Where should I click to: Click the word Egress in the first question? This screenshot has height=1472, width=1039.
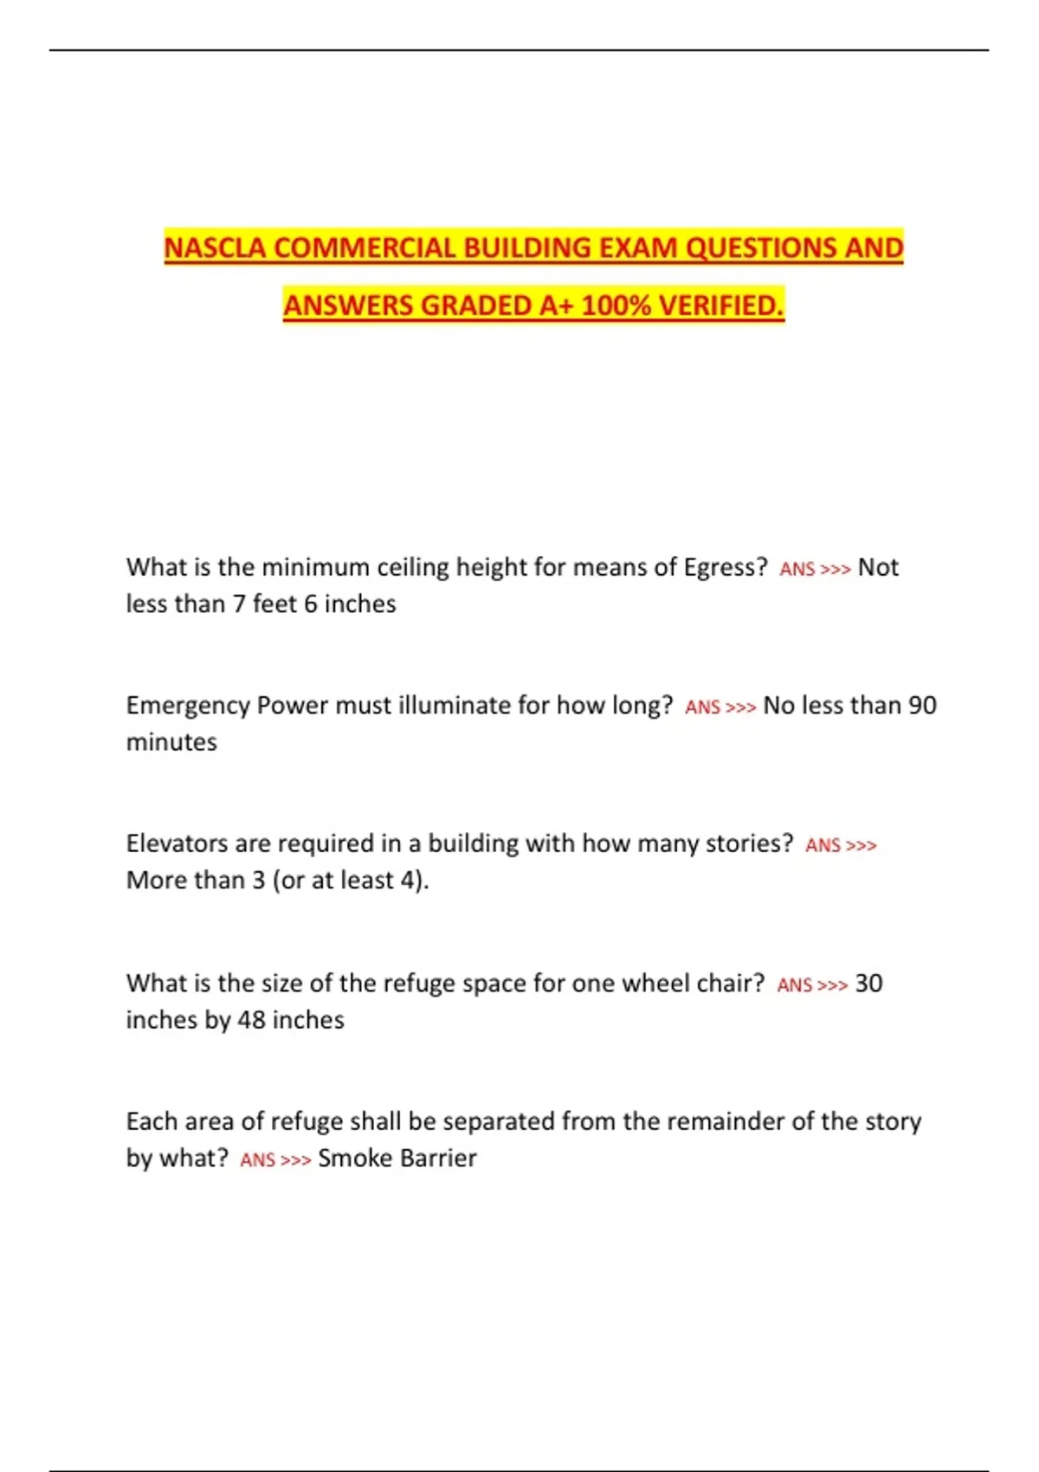pos(720,568)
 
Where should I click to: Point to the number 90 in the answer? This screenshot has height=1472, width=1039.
pos(922,706)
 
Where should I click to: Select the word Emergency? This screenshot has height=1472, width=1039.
pos(188,706)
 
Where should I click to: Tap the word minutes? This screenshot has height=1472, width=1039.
pos(171,743)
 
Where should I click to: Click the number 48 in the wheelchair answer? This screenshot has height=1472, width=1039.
pos(251,1020)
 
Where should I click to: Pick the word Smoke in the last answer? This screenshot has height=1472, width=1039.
pos(354,1159)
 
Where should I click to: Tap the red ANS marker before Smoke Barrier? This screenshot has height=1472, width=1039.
pos(257,1160)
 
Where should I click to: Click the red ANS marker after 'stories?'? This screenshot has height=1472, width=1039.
pos(823,846)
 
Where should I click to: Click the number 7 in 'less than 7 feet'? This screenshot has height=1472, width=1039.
pos(239,604)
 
